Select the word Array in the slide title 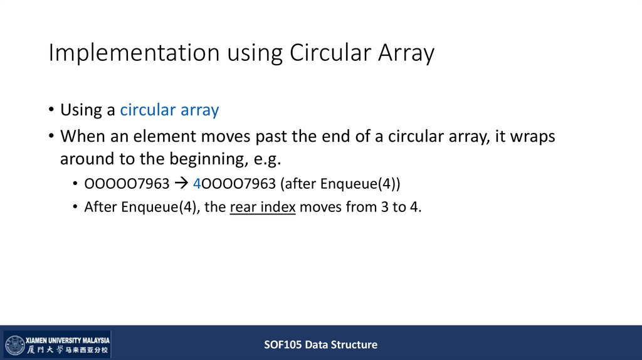pos(406,53)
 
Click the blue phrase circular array pos(169,110)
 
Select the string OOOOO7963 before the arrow pos(125,184)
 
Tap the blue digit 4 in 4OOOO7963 pos(196,184)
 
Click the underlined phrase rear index pos(263,208)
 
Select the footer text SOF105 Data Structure pos(320,344)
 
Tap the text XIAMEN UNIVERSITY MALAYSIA pos(68,339)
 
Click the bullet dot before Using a pos(50,111)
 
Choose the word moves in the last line pos(320,208)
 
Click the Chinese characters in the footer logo pos(67,350)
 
